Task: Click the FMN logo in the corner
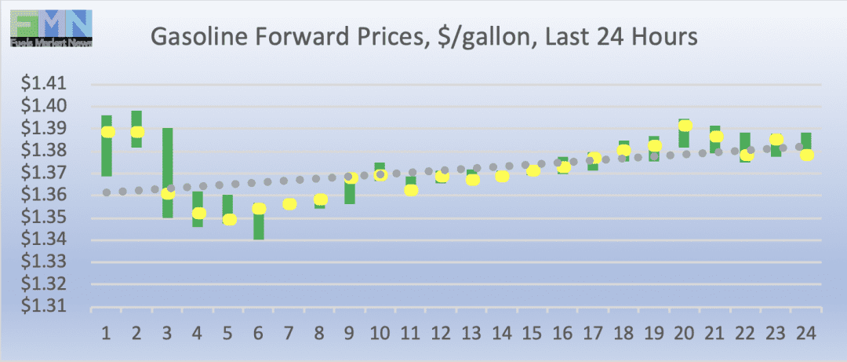tap(52, 28)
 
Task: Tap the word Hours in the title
tap(664, 38)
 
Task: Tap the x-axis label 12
tap(442, 332)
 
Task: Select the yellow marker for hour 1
tap(107, 132)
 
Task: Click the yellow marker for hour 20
tap(685, 126)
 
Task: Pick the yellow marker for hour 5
tap(229, 219)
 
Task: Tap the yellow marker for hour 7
tap(289, 204)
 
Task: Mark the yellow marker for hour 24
tap(806, 155)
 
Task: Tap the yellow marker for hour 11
tap(411, 190)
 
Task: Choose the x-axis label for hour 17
tap(593, 332)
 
